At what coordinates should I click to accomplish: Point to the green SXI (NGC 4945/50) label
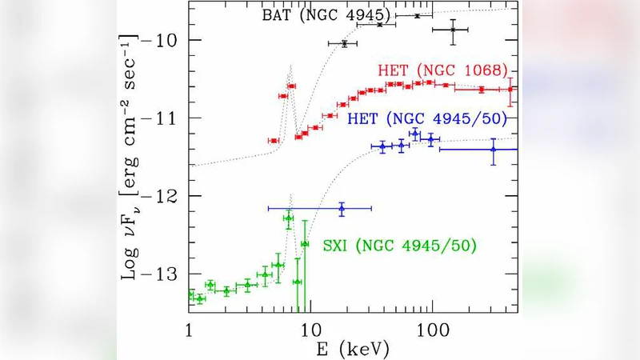399,245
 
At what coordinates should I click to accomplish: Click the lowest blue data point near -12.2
342,208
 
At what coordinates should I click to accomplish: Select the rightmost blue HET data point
493,150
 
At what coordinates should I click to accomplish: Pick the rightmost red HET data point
510,89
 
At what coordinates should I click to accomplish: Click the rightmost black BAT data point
453,30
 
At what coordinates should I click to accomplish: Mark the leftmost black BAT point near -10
344,43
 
